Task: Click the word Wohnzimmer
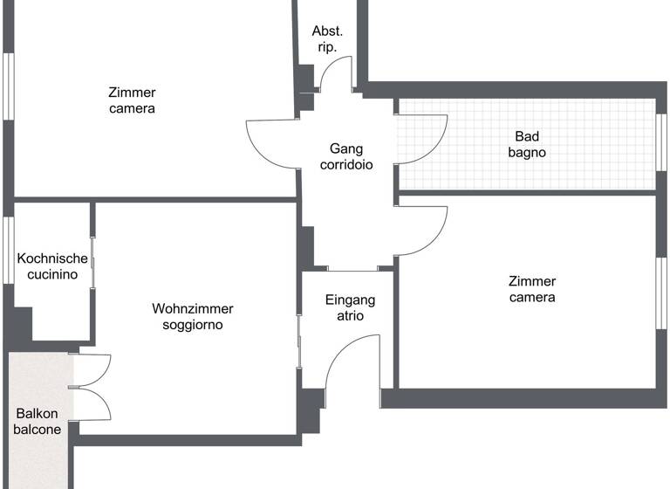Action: point(192,308)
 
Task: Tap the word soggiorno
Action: point(192,325)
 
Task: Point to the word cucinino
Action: point(52,274)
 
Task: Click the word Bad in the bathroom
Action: point(527,135)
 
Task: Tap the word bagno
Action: point(527,152)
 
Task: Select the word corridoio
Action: point(346,164)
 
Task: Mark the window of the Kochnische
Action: point(6,251)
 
